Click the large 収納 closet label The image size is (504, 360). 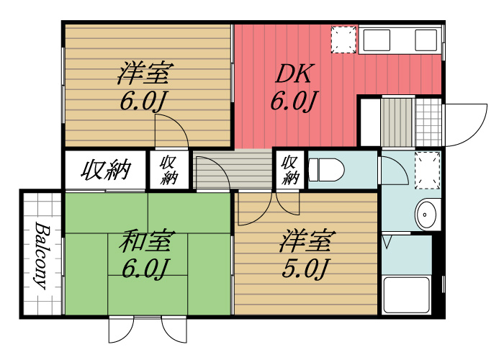pos(105,171)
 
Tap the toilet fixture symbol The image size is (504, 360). pos(325,170)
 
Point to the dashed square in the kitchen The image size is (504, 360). pos(343,39)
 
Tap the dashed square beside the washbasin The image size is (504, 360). pos(427,170)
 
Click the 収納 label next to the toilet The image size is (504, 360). pos(290,170)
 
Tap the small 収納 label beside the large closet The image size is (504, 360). pos(169,170)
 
